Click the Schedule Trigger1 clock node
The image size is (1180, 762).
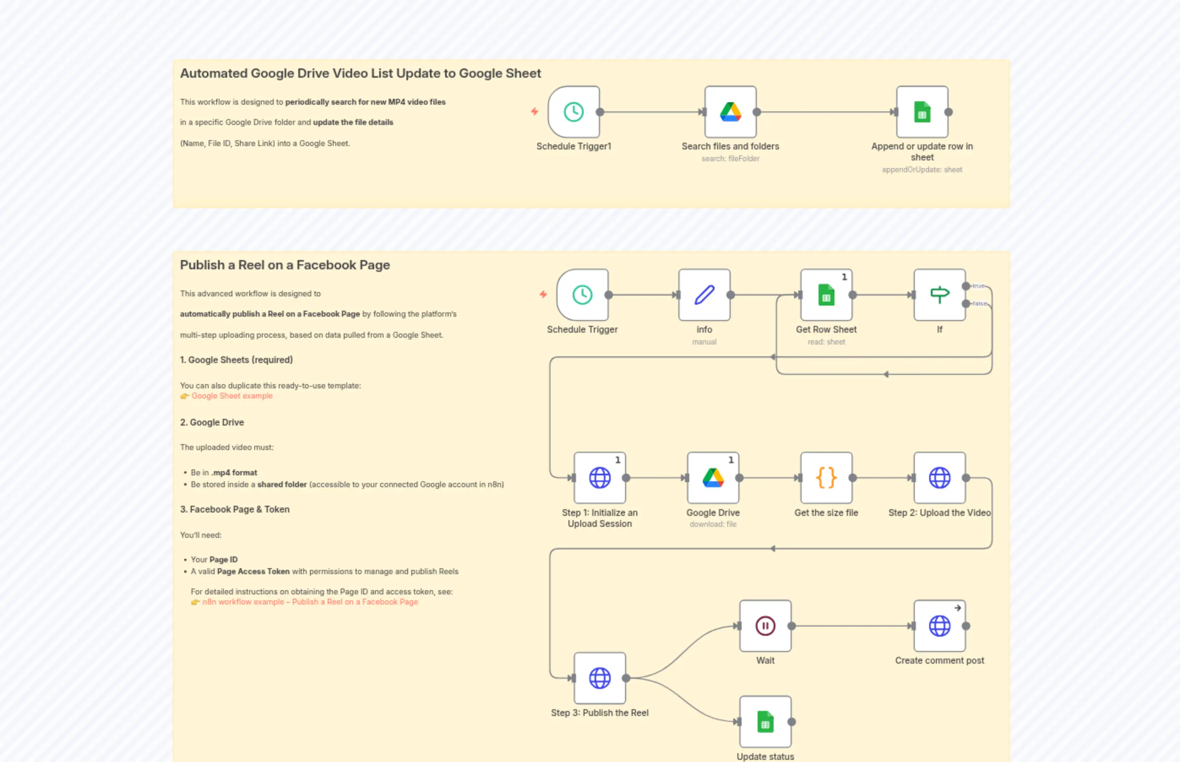[x=574, y=112]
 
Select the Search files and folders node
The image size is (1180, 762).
[x=730, y=112]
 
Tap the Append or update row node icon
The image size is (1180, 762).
[x=922, y=112]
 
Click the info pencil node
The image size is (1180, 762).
[x=704, y=295]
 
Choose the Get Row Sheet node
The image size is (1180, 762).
[x=826, y=295]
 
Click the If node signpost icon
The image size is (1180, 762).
[x=939, y=295]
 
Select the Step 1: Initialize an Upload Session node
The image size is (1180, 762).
[x=599, y=477]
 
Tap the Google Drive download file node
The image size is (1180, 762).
[x=713, y=477]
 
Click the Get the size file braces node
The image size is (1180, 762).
[x=826, y=477]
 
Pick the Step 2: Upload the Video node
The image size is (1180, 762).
[x=939, y=477]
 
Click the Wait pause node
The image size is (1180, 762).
[x=765, y=626]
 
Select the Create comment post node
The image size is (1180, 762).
[x=939, y=626]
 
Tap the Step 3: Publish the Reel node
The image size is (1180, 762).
[x=599, y=678]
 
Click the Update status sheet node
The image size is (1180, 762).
[x=765, y=721]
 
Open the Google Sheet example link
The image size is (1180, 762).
[x=231, y=396]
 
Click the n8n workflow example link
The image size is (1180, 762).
[x=310, y=602]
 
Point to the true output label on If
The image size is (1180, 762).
[x=978, y=286]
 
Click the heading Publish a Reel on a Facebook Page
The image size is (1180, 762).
[x=285, y=265]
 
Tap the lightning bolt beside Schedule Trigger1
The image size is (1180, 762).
[x=535, y=111]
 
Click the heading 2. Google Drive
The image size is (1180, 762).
[x=212, y=422]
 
